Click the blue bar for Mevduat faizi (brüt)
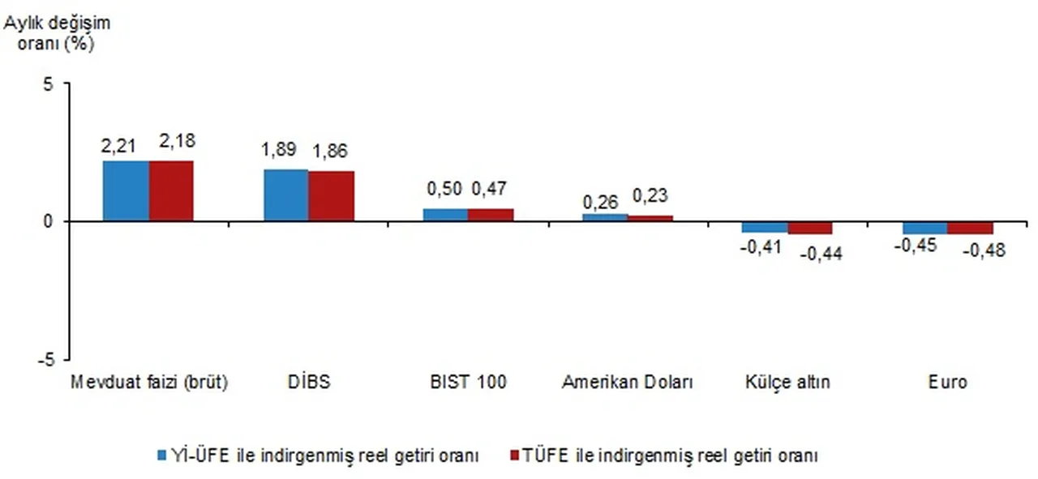tap(126, 190)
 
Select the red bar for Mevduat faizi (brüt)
tap(171, 190)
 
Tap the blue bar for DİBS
tap(285, 195)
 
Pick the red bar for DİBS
tap(331, 195)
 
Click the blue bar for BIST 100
tap(445, 215)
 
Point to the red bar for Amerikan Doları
tap(650, 218)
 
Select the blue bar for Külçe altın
tap(765, 227)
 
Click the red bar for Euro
tap(970, 228)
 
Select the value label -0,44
tap(821, 254)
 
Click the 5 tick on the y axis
tap(49, 83)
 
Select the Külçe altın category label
tap(787, 382)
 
